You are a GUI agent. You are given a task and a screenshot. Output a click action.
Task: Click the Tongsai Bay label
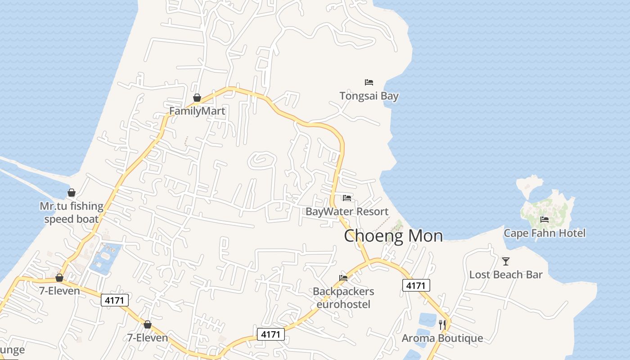tap(369, 96)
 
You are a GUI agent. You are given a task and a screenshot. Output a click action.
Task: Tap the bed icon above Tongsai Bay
tap(369, 82)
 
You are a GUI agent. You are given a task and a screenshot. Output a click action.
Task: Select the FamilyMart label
tap(197, 111)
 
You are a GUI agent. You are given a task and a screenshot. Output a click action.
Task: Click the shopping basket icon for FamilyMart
tap(197, 98)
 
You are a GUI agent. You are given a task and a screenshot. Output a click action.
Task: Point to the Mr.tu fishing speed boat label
tap(72, 212)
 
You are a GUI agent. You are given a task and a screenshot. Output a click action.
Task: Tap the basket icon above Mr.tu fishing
tap(72, 193)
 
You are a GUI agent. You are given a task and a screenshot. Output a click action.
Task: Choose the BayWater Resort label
tap(347, 211)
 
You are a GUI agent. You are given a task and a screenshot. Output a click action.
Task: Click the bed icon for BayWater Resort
tap(346, 198)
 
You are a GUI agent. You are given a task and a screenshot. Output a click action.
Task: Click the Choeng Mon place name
tap(393, 236)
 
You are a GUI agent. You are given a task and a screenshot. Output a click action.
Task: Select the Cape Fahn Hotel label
tap(544, 233)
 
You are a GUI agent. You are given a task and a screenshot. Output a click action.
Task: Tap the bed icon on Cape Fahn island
tap(544, 220)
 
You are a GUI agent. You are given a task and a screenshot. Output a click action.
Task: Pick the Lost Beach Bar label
tap(506, 274)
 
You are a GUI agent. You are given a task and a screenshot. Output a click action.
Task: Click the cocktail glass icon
tap(506, 261)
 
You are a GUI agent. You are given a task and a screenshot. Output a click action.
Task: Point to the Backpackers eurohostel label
tap(343, 297)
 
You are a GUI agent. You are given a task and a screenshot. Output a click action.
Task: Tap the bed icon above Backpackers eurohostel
tap(343, 278)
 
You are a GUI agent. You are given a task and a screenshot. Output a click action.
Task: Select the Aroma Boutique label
tap(442, 338)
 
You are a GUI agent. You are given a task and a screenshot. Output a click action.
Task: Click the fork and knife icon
tap(442, 324)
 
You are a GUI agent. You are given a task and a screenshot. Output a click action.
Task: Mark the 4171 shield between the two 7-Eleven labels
tap(115, 300)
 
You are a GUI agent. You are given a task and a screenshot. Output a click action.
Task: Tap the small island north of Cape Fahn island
tap(530, 184)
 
